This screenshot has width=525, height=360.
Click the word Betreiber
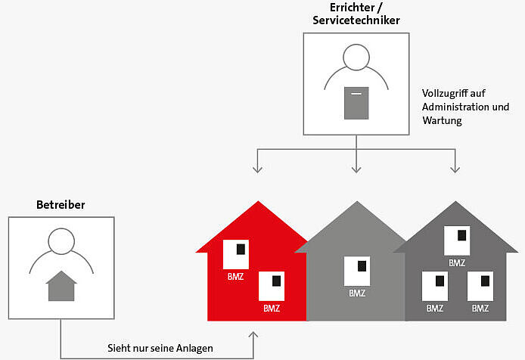point(61,205)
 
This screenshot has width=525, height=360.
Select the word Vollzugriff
point(444,94)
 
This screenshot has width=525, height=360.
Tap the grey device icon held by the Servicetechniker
point(356,103)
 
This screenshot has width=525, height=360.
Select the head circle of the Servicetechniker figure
point(356,58)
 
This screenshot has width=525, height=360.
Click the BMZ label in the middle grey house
point(358,293)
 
